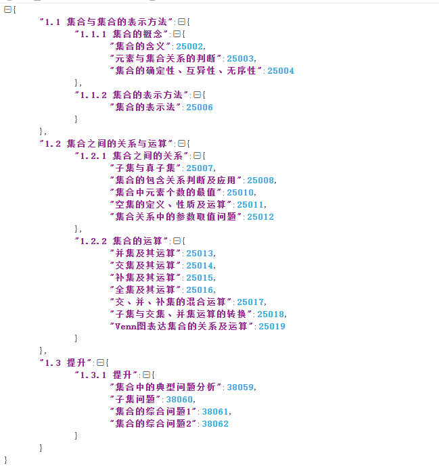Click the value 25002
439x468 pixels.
click(189, 46)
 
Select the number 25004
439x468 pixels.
click(281, 70)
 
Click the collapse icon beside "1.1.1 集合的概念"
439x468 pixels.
click(177, 34)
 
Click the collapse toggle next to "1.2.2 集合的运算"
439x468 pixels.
click(177, 241)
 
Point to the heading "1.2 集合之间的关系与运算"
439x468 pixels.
click(106, 143)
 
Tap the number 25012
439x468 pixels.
click(260, 216)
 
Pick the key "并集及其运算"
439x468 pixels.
click(144, 253)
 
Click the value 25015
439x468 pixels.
click(200, 277)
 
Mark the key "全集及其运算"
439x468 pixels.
click(144, 289)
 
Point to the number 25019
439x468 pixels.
click(272, 326)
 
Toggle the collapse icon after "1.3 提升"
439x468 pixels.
click(100, 362)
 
